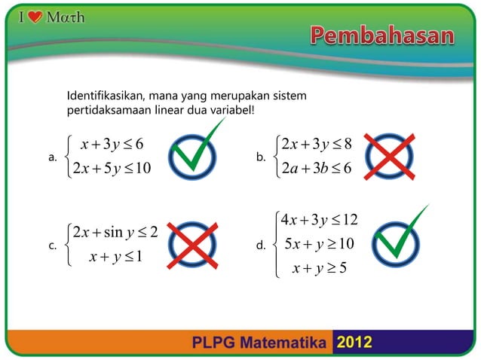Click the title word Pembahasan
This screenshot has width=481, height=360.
383,35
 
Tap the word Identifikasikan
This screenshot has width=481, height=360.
106,97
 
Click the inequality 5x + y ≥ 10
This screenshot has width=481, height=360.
320,244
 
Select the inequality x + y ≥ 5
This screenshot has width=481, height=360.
320,267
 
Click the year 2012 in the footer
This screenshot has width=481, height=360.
354,343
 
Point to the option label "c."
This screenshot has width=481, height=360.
53,244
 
